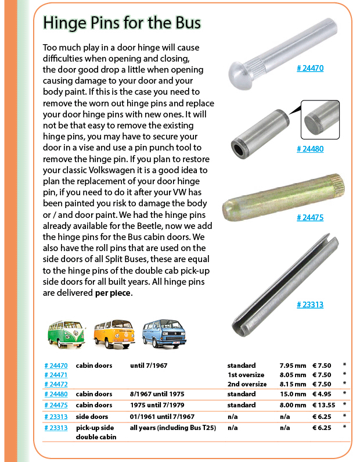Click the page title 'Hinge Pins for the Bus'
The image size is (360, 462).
pyautogui.click(x=122, y=23)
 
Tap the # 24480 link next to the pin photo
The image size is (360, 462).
pyautogui.click(x=309, y=149)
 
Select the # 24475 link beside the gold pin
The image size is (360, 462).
pyautogui.click(x=309, y=217)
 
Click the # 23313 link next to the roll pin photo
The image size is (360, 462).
pyautogui.click(x=309, y=304)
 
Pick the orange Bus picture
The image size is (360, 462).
pyautogui.click(x=113, y=333)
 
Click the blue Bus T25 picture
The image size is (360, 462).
pyautogui.click(x=162, y=333)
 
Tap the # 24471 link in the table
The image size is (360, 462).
pyautogui.click(x=56, y=375)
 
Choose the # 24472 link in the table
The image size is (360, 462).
pyautogui.click(x=56, y=384)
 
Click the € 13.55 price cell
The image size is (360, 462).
pyautogui.click(x=323, y=405)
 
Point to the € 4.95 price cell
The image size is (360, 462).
pyautogui.click(x=322, y=394)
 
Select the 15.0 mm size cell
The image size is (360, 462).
pyautogui.click(x=293, y=394)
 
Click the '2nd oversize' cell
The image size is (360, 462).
pyautogui.click(x=247, y=384)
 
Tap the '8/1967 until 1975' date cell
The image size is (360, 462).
pyautogui.click(x=158, y=394)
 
